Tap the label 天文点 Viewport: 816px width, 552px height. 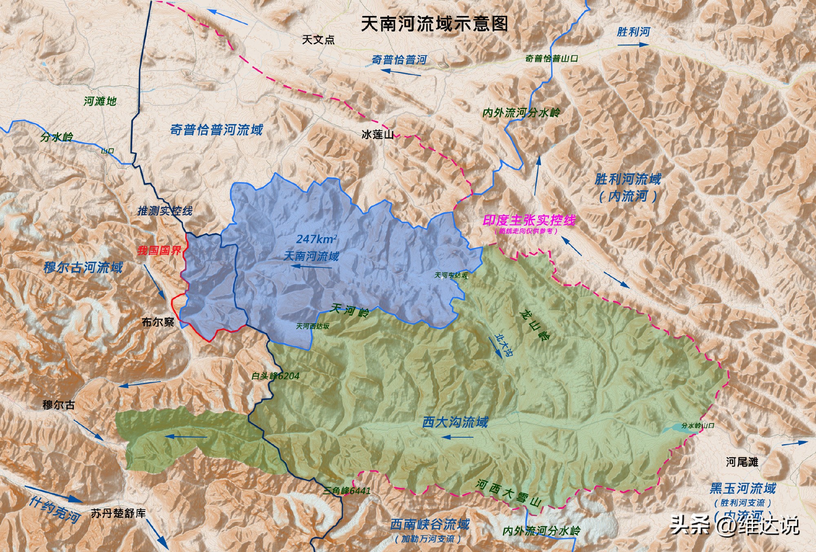click(x=318, y=40)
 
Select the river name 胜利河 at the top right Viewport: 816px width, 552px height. click(x=633, y=32)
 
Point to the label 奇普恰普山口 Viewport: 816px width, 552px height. click(x=552, y=58)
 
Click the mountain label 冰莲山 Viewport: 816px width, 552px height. click(x=377, y=134)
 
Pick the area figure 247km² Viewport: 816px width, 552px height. click(x=317, y=239)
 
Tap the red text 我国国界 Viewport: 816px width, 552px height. click(x=159, y=250)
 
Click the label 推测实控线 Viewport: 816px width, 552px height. click(x=165, y=211)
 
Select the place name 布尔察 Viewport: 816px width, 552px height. click(x=158, y=322)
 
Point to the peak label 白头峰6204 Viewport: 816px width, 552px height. click(x=275, y=376)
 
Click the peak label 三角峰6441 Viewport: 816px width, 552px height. click(x=347, y=490)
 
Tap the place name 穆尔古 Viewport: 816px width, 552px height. click(x=59, y=405)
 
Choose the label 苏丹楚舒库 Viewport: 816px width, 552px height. click(x=118, y=513)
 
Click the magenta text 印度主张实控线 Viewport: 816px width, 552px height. click(x=529, y=220)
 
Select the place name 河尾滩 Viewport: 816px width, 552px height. click(x=742, y=462)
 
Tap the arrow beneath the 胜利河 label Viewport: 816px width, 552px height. click(x=632, y=45)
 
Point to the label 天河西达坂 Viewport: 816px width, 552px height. click(x=313, y=326)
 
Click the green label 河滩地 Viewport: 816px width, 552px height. click(x=100, y=101)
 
